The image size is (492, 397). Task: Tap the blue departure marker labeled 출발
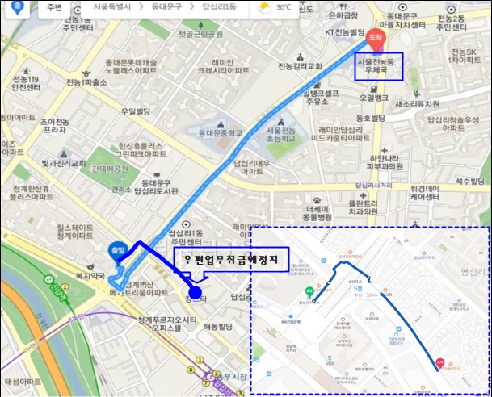[118, 250]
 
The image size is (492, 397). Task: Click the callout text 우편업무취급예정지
[231, 259]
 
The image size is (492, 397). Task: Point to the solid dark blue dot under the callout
[194, 291]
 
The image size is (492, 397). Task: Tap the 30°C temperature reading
[284, 7]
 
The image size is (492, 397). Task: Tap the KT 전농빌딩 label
[346, 32]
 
